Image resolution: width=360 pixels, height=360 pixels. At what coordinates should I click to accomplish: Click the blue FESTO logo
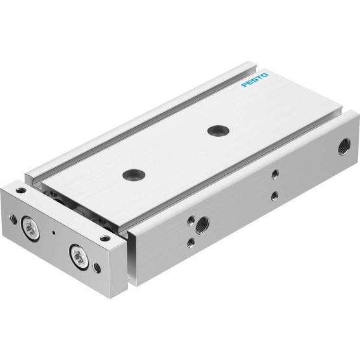click(254, 80)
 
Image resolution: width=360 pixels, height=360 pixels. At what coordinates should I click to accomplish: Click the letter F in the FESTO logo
click(245, 84)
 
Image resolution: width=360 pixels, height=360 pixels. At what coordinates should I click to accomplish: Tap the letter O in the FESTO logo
click(264, 75)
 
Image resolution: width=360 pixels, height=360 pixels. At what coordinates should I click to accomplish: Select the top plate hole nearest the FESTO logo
click(218, 130)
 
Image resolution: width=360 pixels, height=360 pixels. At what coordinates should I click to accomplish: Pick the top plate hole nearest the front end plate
click(134, 174)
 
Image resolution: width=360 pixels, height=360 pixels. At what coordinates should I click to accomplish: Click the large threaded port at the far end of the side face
click(344, 147)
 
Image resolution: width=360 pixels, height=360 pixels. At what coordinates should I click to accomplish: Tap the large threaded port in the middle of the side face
click(203, 224)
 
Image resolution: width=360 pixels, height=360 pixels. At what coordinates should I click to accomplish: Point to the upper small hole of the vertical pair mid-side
click(275, 174)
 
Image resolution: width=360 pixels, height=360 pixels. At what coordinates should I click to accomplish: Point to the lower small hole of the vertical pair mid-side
click(274, 196)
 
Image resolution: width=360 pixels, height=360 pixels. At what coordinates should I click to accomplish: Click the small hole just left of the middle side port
click(191, 221)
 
